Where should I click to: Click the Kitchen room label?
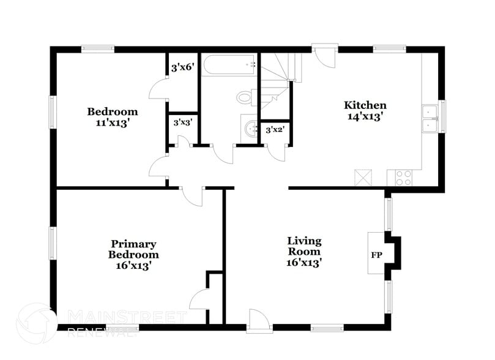click(365, 105)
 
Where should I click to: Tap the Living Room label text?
click(304, 246)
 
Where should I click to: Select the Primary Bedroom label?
click(133, 249)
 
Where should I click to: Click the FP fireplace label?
click(375, 253)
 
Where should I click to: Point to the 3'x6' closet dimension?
click(182, 68)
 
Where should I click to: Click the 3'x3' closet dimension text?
click(182, 122)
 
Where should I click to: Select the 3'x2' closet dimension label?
click(274, 130)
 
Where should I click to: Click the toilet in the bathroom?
click(245, 97)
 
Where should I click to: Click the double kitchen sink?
click(430, 118)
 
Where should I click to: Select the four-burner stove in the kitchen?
click(403, 178)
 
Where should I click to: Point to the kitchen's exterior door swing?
click(327, 59)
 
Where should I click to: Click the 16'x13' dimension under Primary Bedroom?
click(133, 265)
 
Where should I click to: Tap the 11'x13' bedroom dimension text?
click(112, 122)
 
